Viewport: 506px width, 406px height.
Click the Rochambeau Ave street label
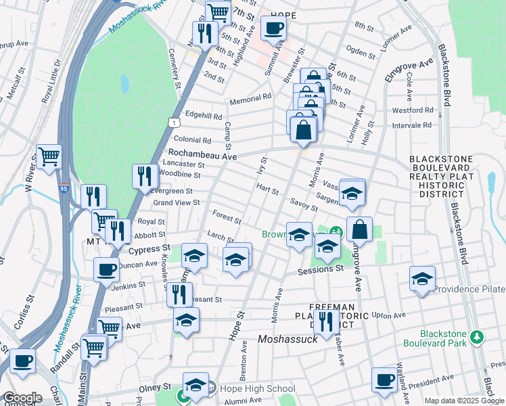coord(202,155)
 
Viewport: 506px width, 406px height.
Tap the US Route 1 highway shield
coord(175,122)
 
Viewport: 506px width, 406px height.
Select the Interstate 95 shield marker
coord(64,189)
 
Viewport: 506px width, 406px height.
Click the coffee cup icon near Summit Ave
coord(273,28)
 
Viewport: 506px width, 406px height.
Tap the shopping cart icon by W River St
coord(49,157)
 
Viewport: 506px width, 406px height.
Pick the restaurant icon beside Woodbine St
coord(145,177)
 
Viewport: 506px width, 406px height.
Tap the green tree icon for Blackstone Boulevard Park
coord(477,336)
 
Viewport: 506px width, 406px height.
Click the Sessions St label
coord(321,269)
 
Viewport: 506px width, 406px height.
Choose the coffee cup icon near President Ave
coord(384,380)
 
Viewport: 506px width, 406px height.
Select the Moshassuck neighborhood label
coord(289,338)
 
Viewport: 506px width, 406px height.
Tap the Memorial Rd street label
coord(250,98)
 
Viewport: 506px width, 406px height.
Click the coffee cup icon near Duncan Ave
coord(106,269)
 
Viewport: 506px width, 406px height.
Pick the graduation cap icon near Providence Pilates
coord(422,279)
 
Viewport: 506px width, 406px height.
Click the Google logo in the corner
coord(22,398)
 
